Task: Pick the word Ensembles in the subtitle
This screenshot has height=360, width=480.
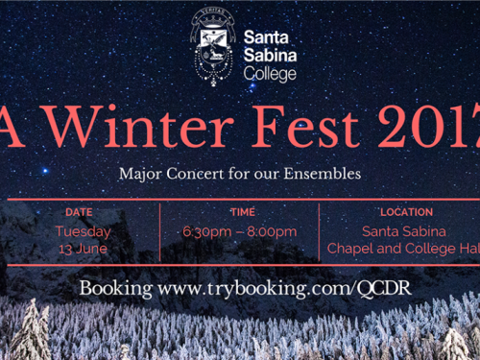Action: click(x=325, y=175)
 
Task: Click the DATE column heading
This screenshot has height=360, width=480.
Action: click(x=79, y=212)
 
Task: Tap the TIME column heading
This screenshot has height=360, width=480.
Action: click(x=243, y=212)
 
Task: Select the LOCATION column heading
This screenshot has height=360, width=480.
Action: click(x=406, y=212)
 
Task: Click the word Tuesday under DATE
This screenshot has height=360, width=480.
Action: click(x=83, y=231)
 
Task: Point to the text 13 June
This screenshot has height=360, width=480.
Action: click(x=83, y=248)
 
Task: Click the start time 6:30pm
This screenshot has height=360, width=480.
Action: click(x=205, y=231)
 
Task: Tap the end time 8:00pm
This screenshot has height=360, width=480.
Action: click(x=272, y=231)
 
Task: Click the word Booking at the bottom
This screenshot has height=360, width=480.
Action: click(x=115, y=288)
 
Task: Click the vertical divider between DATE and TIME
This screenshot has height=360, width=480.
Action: click(x=160, y=231)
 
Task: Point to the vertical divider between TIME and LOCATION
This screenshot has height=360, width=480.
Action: click(x=321, y=231)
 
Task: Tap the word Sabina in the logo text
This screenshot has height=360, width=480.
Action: click(x=272, y=55)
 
